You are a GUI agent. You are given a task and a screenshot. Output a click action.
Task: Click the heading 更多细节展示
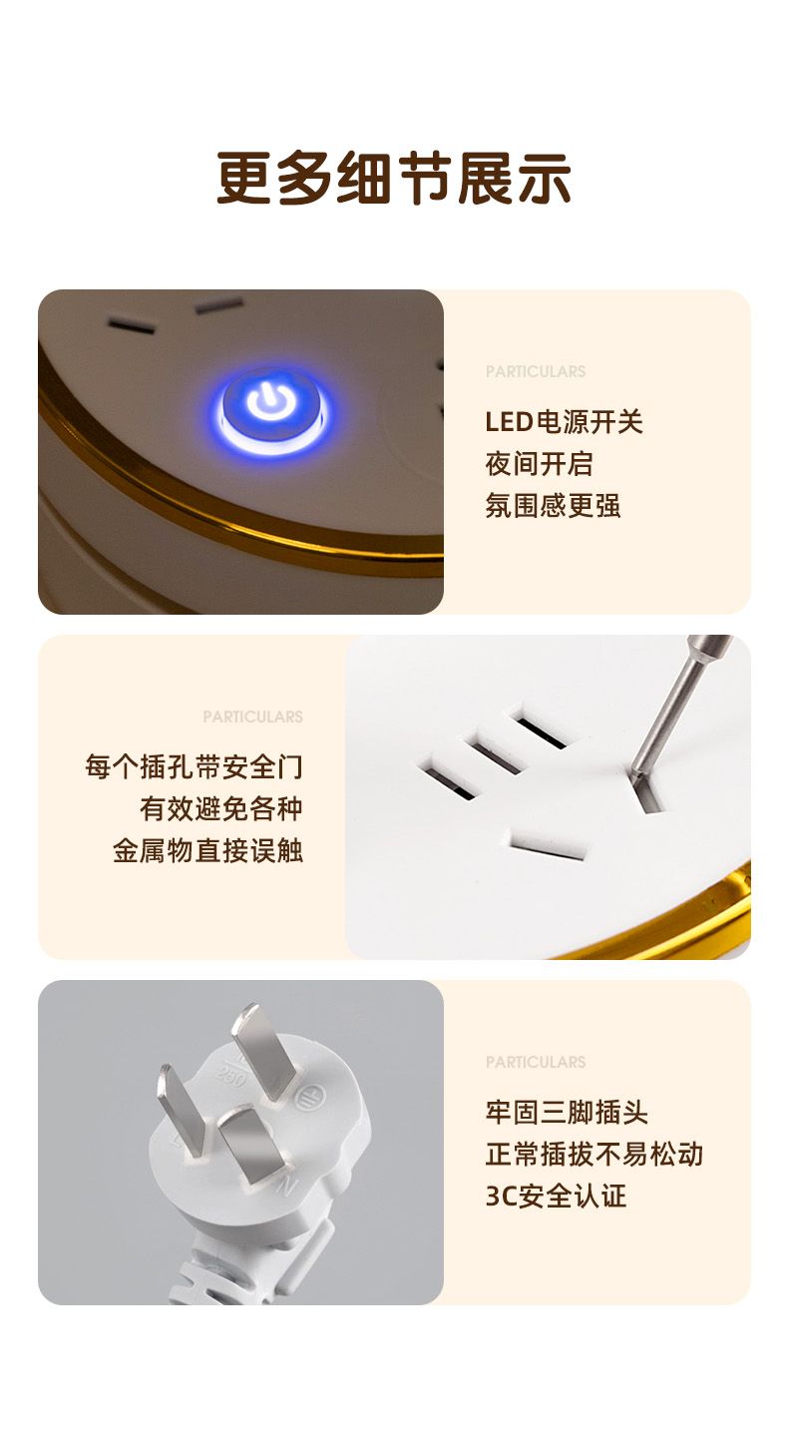point(393,178)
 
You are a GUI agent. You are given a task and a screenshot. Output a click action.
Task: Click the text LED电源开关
point(564,422)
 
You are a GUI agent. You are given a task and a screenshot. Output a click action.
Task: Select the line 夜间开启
point(539,463)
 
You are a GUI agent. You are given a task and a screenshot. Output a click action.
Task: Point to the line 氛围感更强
point(553,505)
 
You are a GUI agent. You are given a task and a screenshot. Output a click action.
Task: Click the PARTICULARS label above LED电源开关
point(536,371)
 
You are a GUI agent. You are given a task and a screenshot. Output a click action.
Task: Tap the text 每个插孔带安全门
point(194,766)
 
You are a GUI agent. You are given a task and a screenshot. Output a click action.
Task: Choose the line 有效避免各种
point(220,808)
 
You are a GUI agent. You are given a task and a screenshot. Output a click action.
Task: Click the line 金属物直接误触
point(207,850)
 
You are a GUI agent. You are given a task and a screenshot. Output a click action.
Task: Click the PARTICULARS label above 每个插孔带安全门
point(252,717)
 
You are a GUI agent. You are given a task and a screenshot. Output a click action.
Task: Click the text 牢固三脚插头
point(566,1112)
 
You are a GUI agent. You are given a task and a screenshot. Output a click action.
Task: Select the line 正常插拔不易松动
point(593,1154)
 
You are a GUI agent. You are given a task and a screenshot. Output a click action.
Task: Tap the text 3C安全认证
point(556,1196)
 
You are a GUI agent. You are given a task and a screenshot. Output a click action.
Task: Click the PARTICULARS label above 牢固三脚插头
point(536,1062)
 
